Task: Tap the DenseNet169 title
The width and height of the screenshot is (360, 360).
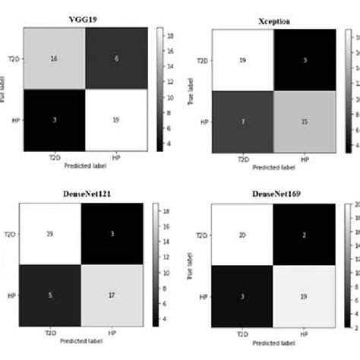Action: tap(267, 196)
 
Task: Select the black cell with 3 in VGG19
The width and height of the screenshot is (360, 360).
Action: tap(54, 119)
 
